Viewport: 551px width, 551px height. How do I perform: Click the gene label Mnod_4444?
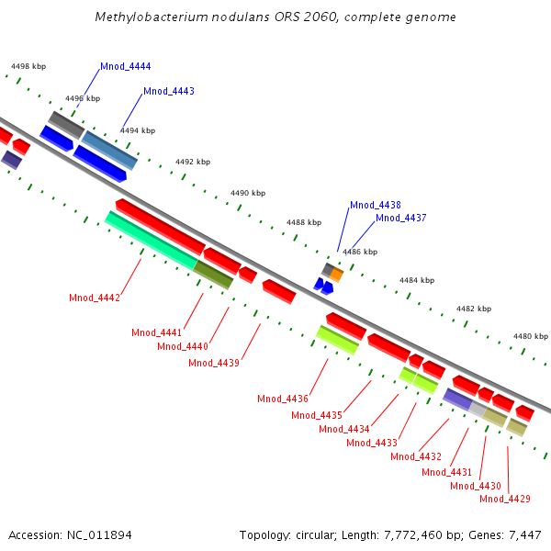(x=126, y=67)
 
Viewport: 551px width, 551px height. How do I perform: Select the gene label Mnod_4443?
(x=169, y=92)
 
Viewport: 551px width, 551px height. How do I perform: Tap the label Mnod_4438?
(x=375, y=206)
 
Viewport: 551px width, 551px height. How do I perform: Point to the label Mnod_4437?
(x=400, y=219)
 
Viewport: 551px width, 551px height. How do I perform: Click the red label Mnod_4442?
(x=95, y=298)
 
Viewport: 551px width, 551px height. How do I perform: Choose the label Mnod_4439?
(x=214, y=363)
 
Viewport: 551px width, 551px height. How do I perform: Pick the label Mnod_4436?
(x=283, y=399)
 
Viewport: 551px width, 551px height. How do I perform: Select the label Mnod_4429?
(x=505, y=499)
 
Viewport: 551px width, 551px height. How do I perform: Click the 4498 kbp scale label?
(x=28, y=66)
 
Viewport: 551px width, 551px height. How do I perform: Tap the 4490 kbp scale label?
(x=248, y=194)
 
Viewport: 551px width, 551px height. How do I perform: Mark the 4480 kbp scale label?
(x=530, y=337)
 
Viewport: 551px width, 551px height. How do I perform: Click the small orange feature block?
(x=337, y=274)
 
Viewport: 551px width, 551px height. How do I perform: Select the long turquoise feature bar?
(x=151, y=240)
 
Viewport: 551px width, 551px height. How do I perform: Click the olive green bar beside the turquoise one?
(x=213, y=274)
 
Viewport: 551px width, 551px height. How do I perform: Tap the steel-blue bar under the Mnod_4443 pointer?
(x=110, y=150)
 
